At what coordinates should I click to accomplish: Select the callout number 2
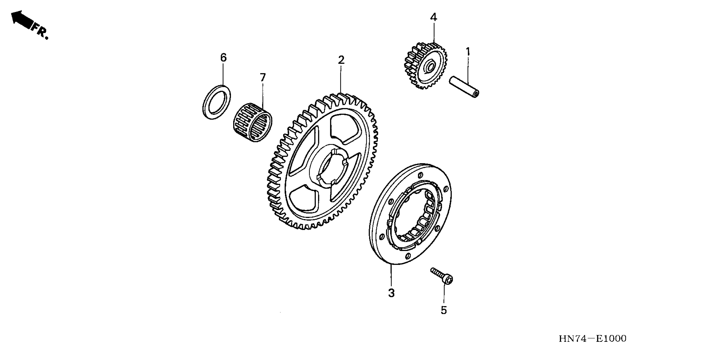[341, 60]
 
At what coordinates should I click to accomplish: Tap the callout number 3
[391, 293]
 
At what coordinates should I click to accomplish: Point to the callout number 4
[433, 17]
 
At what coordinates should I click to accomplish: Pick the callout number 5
[444, 310]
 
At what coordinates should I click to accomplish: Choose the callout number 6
[223, 58]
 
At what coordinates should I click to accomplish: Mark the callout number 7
[263, 78]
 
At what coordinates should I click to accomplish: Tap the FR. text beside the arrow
[41, 32]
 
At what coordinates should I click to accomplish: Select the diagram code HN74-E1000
[593, 339]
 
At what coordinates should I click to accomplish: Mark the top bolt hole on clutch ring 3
[420, 175]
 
